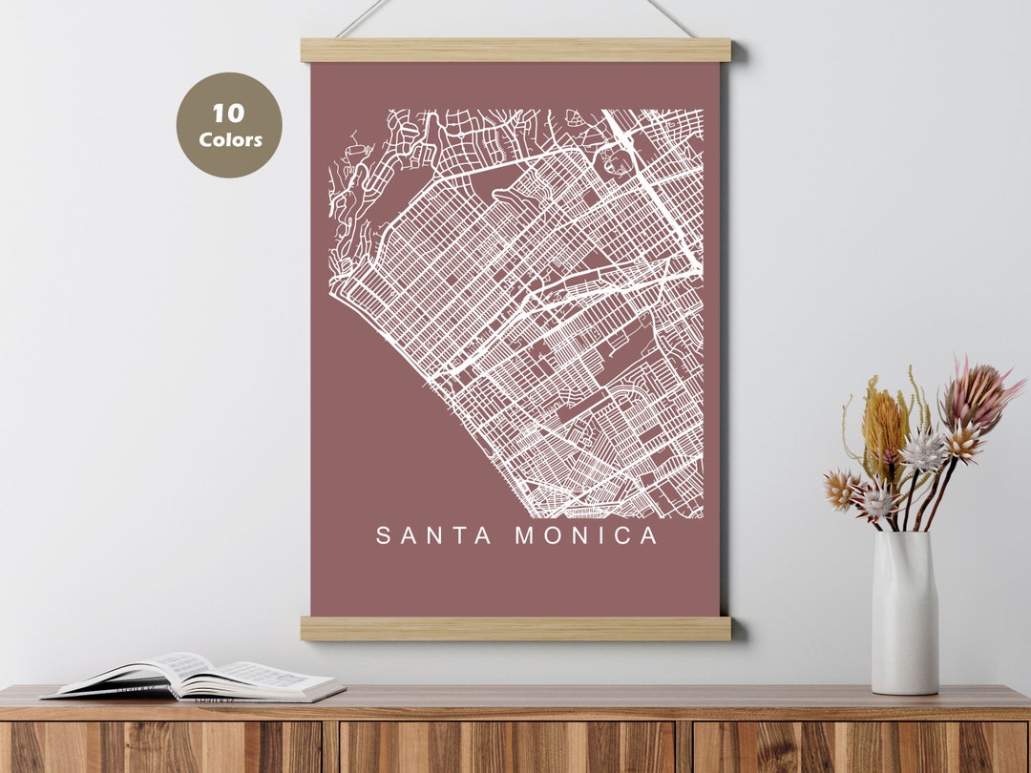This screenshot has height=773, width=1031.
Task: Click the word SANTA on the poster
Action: (434, 536)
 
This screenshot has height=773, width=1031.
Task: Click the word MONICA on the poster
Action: (587, 536)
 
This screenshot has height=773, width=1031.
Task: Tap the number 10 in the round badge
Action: (228, 115)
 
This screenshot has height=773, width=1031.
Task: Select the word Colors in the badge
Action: (230, 140)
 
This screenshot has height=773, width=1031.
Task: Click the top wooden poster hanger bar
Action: (515, 51)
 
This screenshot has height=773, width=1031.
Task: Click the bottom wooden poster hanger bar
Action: (515, 628)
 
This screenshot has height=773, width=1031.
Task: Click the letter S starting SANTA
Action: (384, 536)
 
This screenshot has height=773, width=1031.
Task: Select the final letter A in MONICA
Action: (649, 536)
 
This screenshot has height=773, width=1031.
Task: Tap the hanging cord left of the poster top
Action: (363, 18)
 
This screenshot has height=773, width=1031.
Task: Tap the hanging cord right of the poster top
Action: (669, 16)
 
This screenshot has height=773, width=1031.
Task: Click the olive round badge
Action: (229, 125)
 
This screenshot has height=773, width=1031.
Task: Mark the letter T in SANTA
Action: (458, 536)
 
